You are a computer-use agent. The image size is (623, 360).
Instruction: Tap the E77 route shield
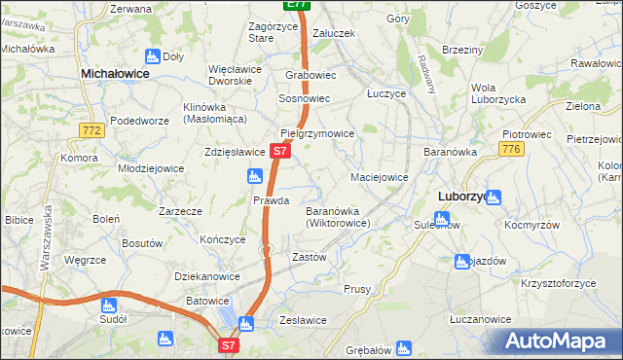coord(298,5)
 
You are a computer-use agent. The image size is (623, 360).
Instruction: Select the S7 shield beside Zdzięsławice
coord(279,152)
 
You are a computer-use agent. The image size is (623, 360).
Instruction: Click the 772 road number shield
coord(93,129)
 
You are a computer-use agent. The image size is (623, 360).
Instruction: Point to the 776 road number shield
coord(512,148)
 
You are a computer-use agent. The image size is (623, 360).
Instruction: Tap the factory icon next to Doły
coord(152,56)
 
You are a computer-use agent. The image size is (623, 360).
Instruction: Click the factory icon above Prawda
coord(255,176)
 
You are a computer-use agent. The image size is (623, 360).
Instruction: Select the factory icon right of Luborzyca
coord(494,198)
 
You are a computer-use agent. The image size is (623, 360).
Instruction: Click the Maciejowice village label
coord(379,178)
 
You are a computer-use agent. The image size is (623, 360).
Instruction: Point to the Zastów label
coord(309,257)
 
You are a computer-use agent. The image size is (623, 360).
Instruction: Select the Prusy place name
coord(357,289)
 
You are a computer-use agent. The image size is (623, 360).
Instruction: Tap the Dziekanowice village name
coord(207,276)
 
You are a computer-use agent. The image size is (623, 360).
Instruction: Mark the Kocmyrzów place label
coord(530,224)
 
